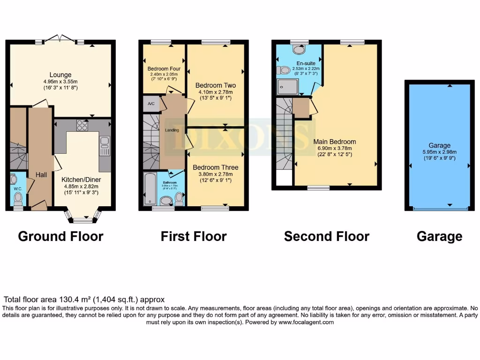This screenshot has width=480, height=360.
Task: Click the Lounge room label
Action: click(x=60, y=75)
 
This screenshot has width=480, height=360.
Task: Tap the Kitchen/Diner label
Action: click(x=81, y=179)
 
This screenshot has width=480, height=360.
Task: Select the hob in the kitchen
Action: click(x=82, y=125)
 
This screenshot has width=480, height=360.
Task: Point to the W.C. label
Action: click(x=18, y=189)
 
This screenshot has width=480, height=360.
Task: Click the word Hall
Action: click(x=41, y=174)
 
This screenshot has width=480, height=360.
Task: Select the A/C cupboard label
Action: click(x=151, y=104)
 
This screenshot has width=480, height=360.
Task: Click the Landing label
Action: click(x=172, y=130)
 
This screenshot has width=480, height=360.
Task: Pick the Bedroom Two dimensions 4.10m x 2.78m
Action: click(x=215, y=92)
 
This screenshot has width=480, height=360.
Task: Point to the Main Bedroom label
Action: click(x=334, y=142)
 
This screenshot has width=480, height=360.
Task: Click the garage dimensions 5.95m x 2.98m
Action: click(x=439, y=152)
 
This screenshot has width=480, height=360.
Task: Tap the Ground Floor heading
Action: click(x=60, y=236)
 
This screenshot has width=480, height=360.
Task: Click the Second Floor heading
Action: click(x=326, y=236)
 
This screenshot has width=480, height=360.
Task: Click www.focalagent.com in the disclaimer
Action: click(x=306, y=322)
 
